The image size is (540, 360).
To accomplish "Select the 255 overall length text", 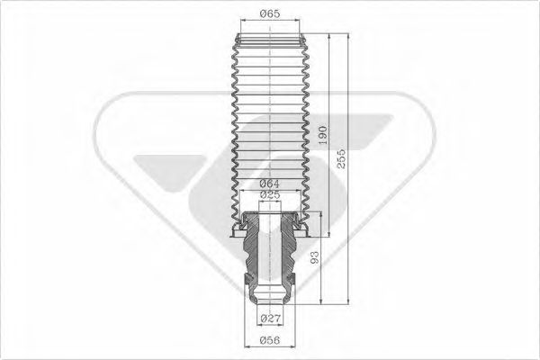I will (340, 160).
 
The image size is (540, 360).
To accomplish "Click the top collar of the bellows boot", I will (269, 39).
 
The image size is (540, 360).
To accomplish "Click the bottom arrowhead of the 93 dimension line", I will (323, 300).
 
